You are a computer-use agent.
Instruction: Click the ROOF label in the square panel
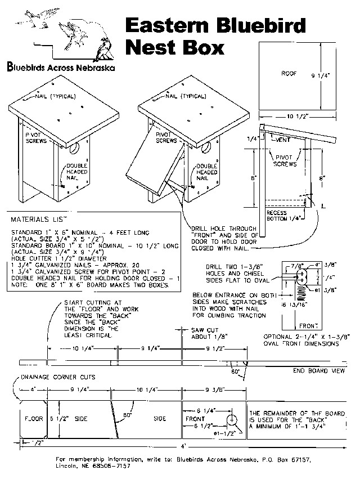point(289,73)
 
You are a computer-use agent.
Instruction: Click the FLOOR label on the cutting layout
point(34,419)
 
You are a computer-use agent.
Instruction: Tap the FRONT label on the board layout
point(195,419)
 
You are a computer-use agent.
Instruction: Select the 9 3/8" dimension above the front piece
point(214,388)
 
